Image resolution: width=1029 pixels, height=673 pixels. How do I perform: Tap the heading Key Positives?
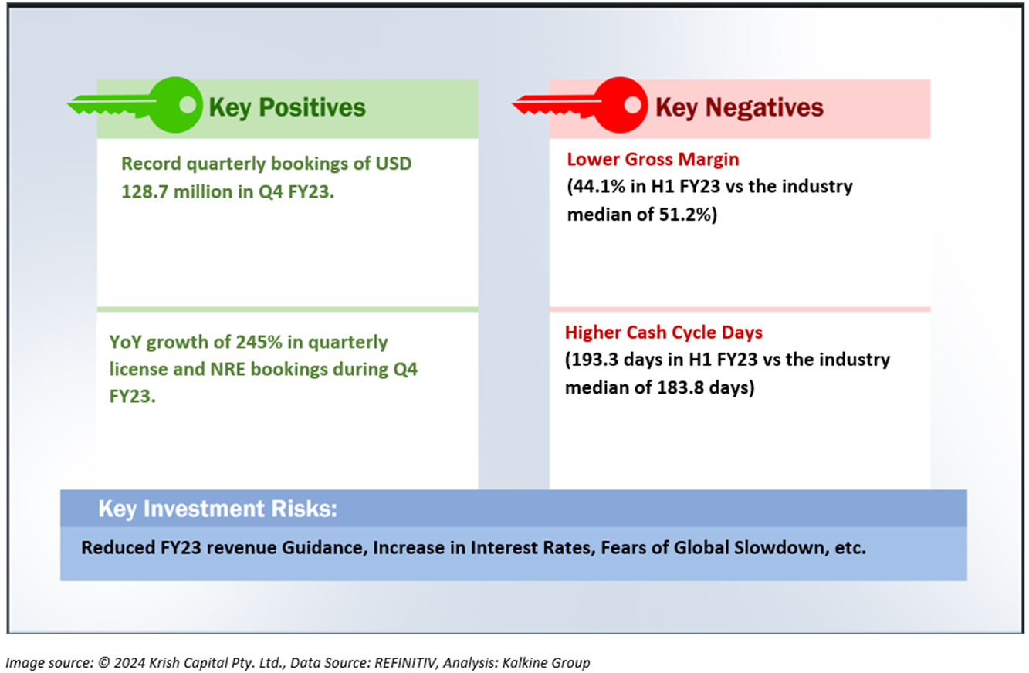287,108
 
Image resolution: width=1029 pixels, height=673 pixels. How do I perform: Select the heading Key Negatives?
739,108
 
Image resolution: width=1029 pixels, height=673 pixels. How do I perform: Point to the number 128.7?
144,192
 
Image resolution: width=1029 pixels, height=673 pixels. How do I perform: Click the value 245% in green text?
259,342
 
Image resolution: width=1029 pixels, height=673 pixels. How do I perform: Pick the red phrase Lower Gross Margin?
653,160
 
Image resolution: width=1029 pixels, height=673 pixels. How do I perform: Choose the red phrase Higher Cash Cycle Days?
663,333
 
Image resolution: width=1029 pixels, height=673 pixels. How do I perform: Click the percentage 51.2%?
685,215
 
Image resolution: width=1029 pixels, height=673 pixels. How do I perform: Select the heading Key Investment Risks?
218,509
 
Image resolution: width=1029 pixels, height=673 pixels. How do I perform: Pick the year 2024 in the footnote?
130,662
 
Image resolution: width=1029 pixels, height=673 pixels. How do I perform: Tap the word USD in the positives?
393,164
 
